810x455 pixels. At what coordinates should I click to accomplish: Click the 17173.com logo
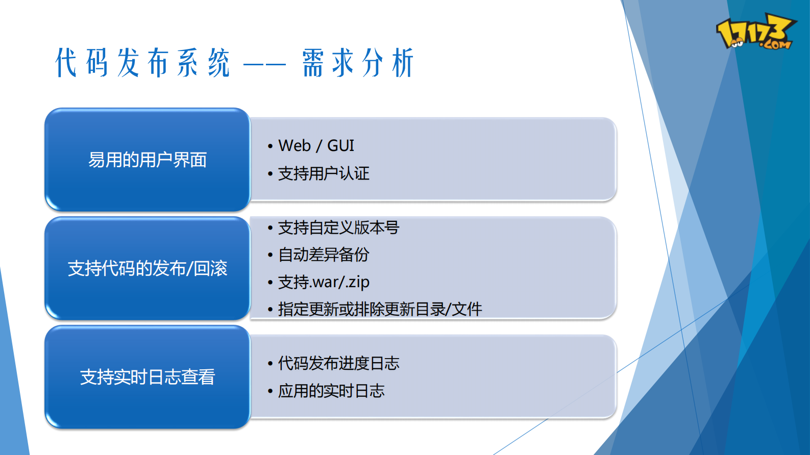click(x=755, y=32)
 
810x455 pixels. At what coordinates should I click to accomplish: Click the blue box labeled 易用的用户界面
click(x=147, y=160)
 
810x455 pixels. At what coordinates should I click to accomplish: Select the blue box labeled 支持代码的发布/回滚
click(x=147, y=268)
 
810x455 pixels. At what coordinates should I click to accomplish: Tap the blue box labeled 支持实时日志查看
click(x=147, y=377)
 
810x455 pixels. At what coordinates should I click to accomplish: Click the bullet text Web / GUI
click(x=316, y=146)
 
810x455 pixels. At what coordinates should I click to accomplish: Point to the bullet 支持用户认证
click(x=323, y=174)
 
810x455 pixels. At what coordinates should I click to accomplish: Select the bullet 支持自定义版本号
click(x=338, y=227)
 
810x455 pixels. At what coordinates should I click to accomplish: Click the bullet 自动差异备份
click(x=323, y=255)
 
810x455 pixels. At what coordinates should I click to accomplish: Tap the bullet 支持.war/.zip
click(x=323, y=282)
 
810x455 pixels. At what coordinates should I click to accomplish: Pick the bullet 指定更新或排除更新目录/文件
click(x=380, y=309)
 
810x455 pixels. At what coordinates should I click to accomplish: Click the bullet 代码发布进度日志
click(x=338, y=364)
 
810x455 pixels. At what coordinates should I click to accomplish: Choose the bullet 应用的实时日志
click(x=331, y=391)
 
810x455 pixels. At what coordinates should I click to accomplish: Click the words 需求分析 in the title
click(x=357, y=63)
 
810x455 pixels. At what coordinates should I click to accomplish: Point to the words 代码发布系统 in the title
click(x=143, y=63)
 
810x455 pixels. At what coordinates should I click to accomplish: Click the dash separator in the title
click(x=264, y=65)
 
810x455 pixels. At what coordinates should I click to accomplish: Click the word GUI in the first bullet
click(x=340, y=146)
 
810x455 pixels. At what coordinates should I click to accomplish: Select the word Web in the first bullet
click(x=294, y=146)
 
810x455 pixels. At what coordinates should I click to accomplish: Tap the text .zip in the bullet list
click(x=358, y=282)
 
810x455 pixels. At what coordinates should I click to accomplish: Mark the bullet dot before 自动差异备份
click(x=270, y=255)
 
